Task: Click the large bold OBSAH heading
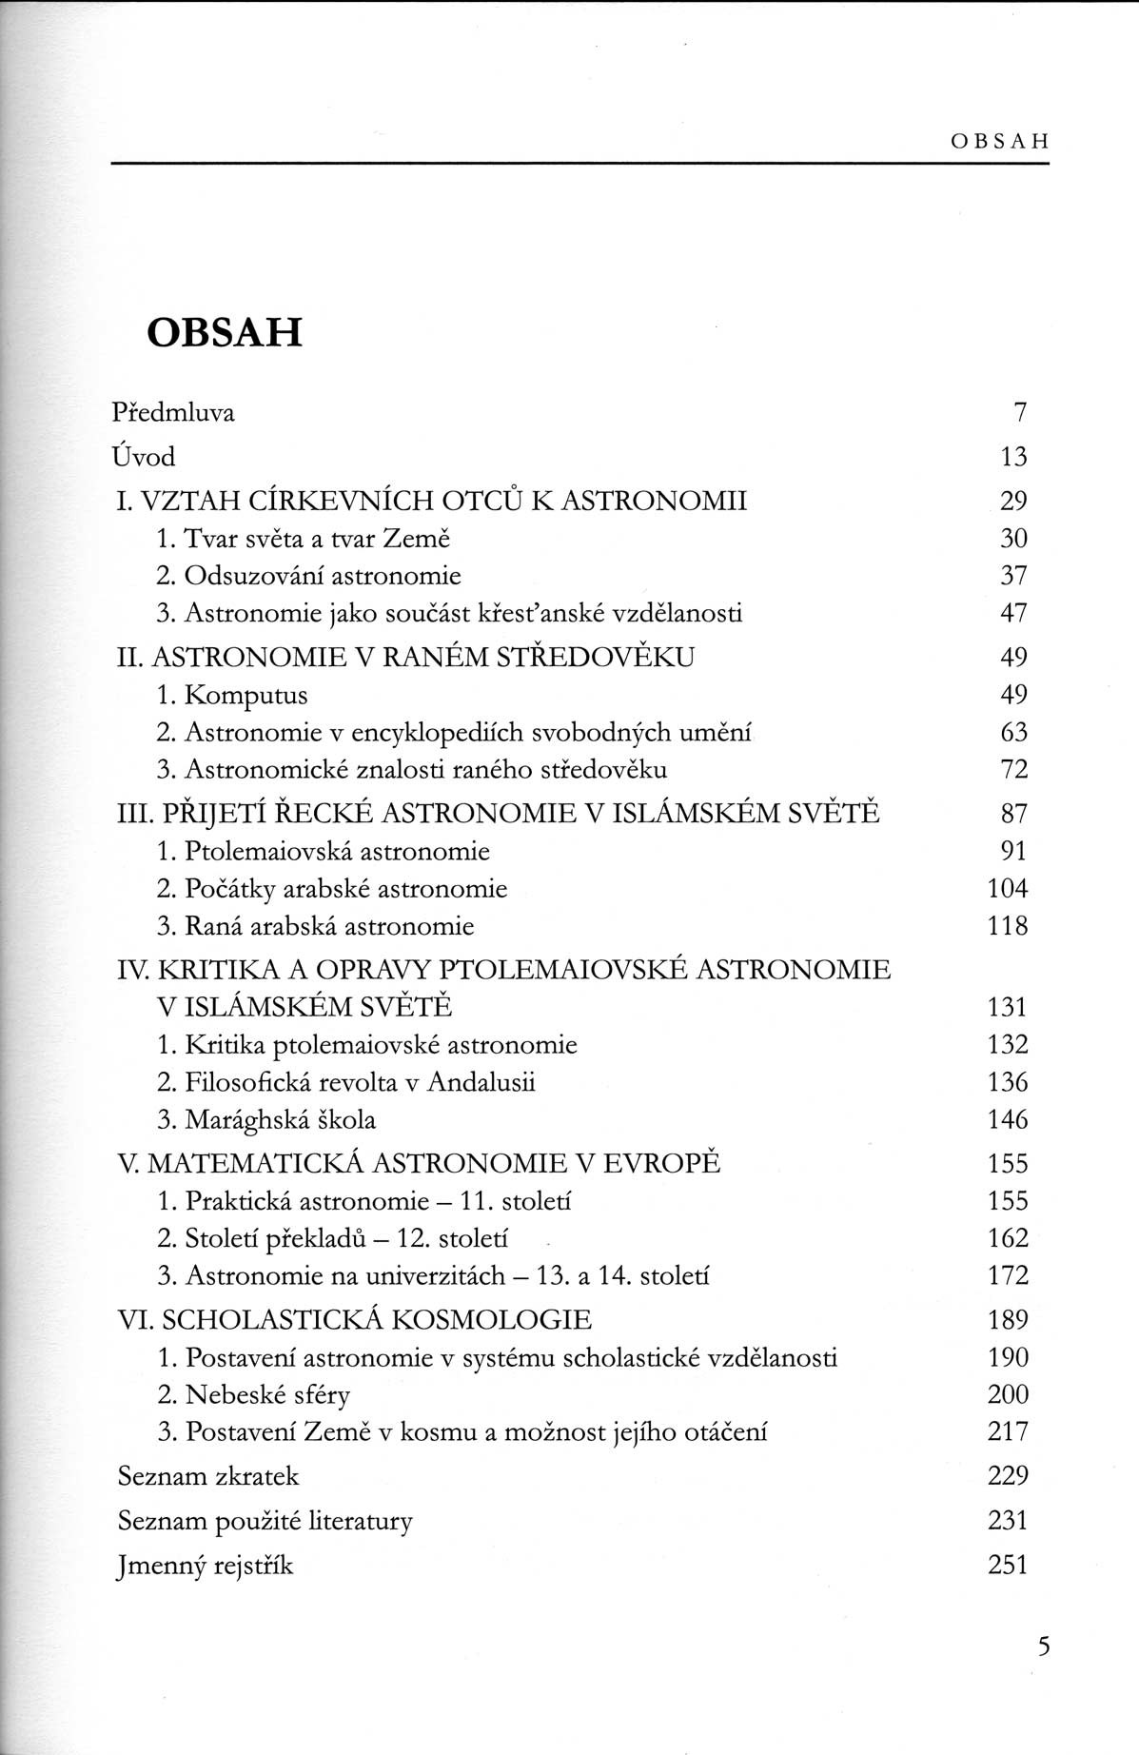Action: click(224, 331)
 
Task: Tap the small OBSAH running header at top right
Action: click(998, 142)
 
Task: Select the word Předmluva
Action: click(173, 412)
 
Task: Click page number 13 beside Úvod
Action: click(1013, 457)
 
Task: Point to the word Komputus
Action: click(246, 695)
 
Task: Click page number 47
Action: click(1013, 613)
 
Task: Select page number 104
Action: click(1008, 889)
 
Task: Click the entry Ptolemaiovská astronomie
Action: click(337, 851)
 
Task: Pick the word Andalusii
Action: click(481, 1082)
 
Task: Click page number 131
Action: click(1008, 1007)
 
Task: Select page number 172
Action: click(1008, 1275)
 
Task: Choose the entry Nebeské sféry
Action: click(267, 1395)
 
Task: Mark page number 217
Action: click(1008, 1432)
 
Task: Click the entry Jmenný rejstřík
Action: click(205, 1566)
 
